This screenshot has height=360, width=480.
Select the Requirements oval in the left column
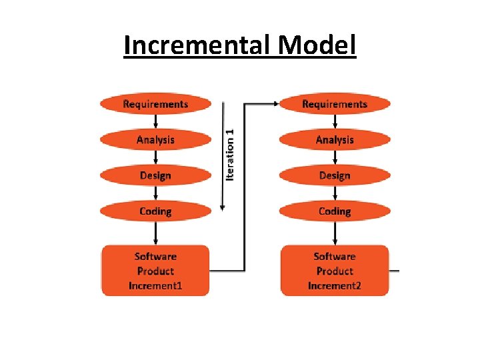point(155,104)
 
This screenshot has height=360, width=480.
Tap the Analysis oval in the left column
point(155,140)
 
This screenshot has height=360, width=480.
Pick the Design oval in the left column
point(155,175)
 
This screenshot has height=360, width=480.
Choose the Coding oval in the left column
point(155,211)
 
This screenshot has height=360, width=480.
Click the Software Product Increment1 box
point(155,271)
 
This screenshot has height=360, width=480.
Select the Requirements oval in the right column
point(334,104)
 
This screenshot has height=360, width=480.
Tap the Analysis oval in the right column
point(334,140)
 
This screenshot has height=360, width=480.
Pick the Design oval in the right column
point(334,175)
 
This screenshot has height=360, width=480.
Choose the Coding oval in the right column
point(334,211)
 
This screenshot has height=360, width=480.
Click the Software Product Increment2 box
point(334,271)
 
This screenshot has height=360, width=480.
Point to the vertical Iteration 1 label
point(230,154)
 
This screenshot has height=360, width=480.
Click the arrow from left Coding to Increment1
point(155,233)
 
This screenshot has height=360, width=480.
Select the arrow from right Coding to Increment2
point(334,233)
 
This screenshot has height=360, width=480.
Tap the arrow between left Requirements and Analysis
point(155,122)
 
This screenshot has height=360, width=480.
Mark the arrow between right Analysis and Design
point(334,158)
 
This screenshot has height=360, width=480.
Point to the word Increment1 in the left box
point(155,286)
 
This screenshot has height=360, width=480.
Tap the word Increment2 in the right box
point(334,286)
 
